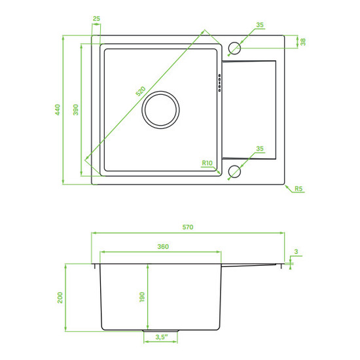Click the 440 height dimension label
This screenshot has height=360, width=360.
[58, 110]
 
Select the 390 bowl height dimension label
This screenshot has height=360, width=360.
[75, 110]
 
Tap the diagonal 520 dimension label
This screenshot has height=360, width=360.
[141, 91]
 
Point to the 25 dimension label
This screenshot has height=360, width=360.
[96, 18]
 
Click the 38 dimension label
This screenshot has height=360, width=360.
[303, 42]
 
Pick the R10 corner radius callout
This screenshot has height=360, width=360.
[207, 163]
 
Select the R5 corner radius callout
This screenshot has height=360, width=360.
[298, 189]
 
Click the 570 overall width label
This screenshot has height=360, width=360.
[188, 227]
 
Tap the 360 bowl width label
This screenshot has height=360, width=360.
[163, 246]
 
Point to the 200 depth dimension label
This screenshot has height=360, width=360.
[60, 298]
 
